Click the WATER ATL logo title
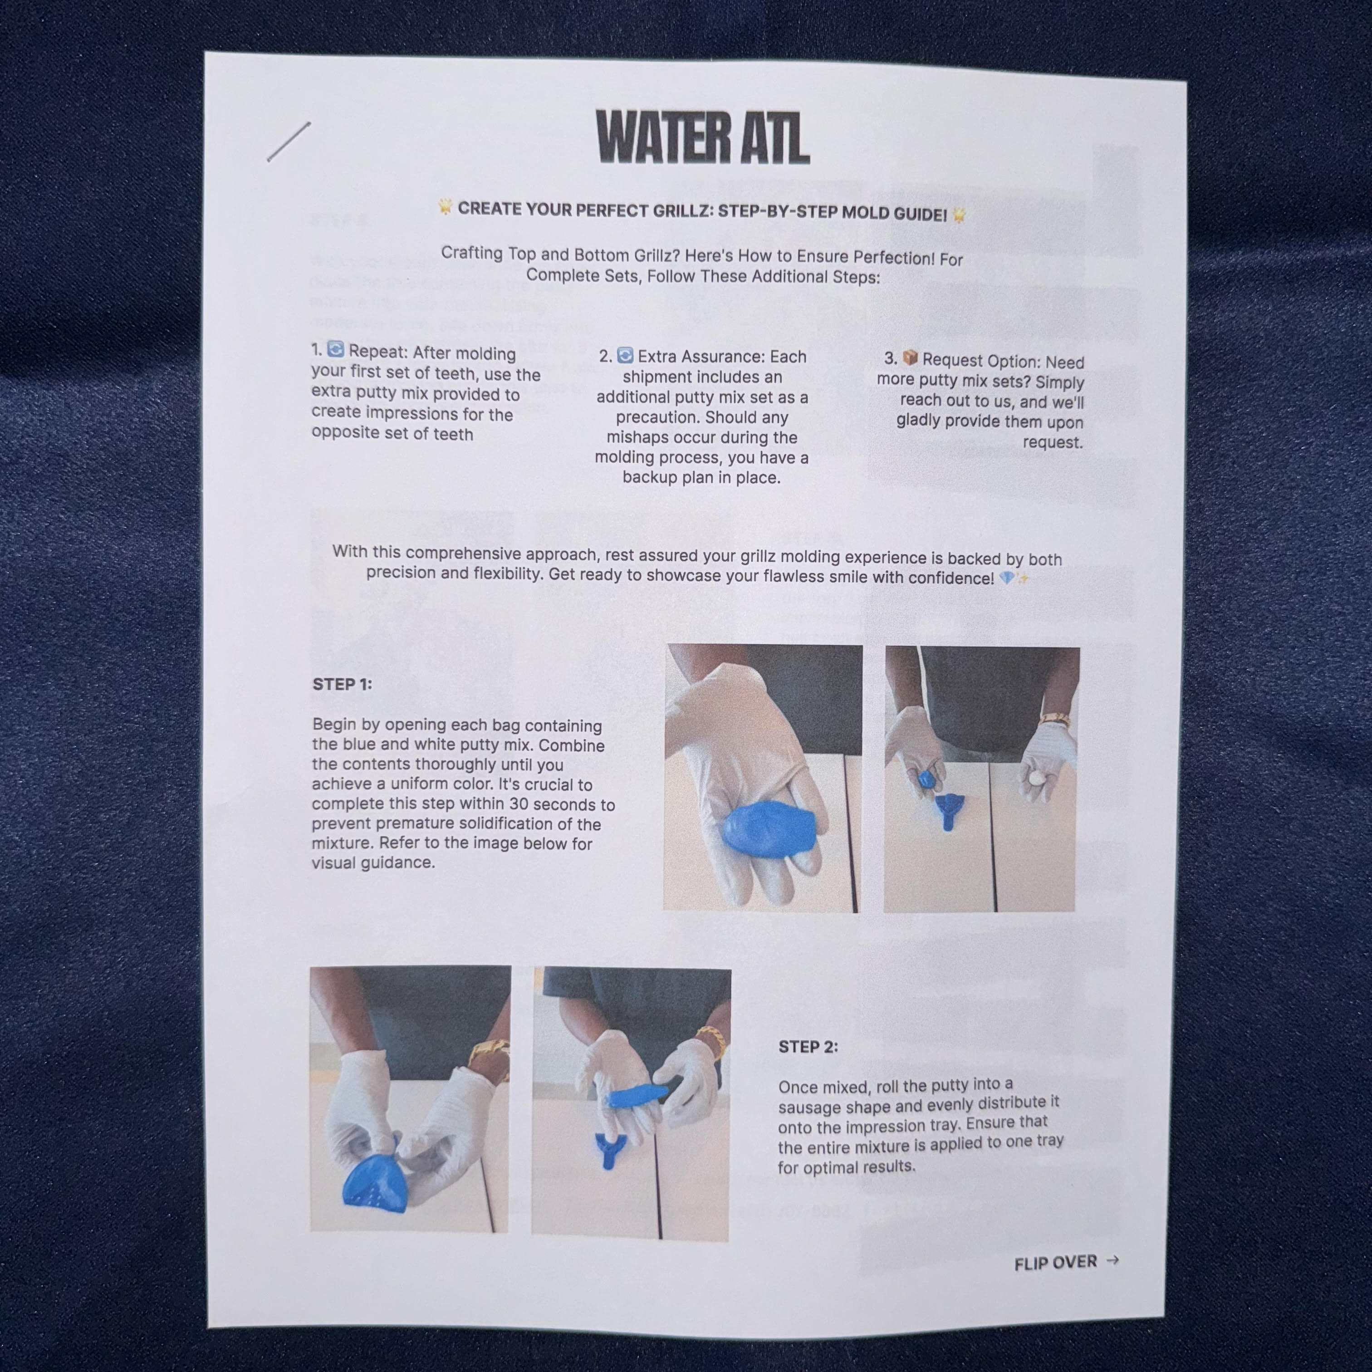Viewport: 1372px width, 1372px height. pos(703,137)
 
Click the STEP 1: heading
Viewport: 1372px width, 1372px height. pos(342,685)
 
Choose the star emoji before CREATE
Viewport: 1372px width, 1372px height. pos(445,207)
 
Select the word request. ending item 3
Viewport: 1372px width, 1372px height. pos(1053,442)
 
